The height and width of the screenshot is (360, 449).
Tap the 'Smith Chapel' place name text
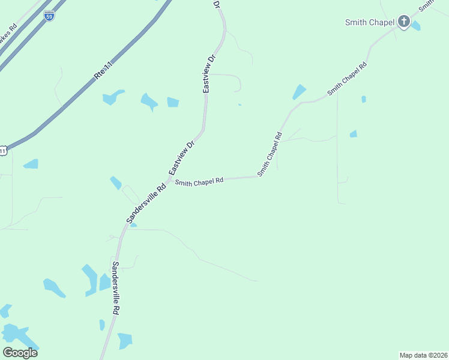369,23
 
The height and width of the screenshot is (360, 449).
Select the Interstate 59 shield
49,16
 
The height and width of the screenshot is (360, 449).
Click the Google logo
20,353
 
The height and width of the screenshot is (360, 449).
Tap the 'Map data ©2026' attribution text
423,355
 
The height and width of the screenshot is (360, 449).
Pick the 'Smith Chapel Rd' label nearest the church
347,79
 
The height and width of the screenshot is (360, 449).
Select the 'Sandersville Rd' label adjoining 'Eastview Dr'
146,205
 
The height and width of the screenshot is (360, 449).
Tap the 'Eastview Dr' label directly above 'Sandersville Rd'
182,158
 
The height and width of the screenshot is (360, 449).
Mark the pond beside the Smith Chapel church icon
415,26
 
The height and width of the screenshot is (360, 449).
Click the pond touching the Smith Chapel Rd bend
298,92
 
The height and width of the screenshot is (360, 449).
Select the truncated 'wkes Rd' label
8,39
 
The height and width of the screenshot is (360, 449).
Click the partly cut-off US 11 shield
3,150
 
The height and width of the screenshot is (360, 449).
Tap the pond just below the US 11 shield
31,164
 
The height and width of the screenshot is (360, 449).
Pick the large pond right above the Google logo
13,334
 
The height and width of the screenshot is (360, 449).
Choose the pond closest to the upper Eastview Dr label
173,102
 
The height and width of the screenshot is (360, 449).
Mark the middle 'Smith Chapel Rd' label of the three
270,154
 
